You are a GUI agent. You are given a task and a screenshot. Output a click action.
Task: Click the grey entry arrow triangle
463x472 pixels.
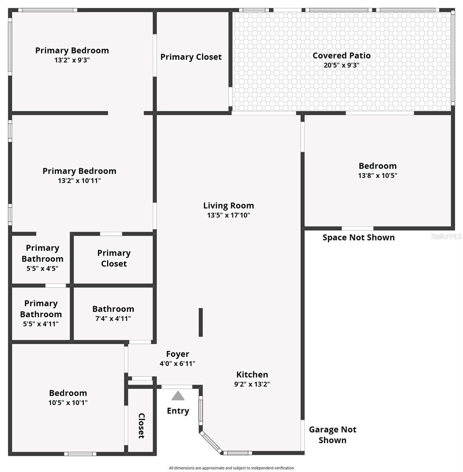(178, 396)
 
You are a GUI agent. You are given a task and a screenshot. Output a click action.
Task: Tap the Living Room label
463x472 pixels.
(229, 205)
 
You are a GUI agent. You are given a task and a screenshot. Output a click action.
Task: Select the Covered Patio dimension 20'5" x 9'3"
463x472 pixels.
(341, 65)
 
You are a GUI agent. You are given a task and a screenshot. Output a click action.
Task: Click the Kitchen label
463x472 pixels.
(252, 374)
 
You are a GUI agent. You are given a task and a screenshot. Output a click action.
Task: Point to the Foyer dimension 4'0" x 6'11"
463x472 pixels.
(177, 364)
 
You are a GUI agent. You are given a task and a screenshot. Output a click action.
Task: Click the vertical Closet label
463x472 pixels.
(142, 426)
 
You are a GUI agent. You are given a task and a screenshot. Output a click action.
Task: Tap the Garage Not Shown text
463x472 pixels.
(332, 435)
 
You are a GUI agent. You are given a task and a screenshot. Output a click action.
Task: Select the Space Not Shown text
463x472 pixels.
(358, 237)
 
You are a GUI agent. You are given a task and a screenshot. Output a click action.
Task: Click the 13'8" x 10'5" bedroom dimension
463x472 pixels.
(377, 176)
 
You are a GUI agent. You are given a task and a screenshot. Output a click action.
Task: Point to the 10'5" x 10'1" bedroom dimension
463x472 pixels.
(68, 403)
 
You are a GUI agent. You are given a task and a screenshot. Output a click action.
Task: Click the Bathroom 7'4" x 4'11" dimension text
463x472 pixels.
(113, 319)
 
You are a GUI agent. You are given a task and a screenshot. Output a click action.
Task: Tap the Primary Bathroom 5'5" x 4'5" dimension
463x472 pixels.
(42, 269)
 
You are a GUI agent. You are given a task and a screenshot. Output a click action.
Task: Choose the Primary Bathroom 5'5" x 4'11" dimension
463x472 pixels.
(41, 324)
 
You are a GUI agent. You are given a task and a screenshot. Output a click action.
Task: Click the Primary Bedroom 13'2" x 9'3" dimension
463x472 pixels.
(72, 60)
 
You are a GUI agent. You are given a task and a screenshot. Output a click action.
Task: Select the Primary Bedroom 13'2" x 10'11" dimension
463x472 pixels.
(79, 181)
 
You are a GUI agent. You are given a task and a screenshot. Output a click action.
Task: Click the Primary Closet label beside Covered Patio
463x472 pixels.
(191, 57)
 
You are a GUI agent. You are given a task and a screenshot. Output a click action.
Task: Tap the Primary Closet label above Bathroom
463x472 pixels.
(114, 258)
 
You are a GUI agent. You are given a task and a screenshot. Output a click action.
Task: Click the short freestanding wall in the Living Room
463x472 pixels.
(201, 322)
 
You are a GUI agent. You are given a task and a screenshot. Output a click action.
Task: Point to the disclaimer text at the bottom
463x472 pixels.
(231, 468)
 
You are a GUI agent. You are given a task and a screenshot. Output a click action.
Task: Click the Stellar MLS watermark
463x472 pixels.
(446, 236)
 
